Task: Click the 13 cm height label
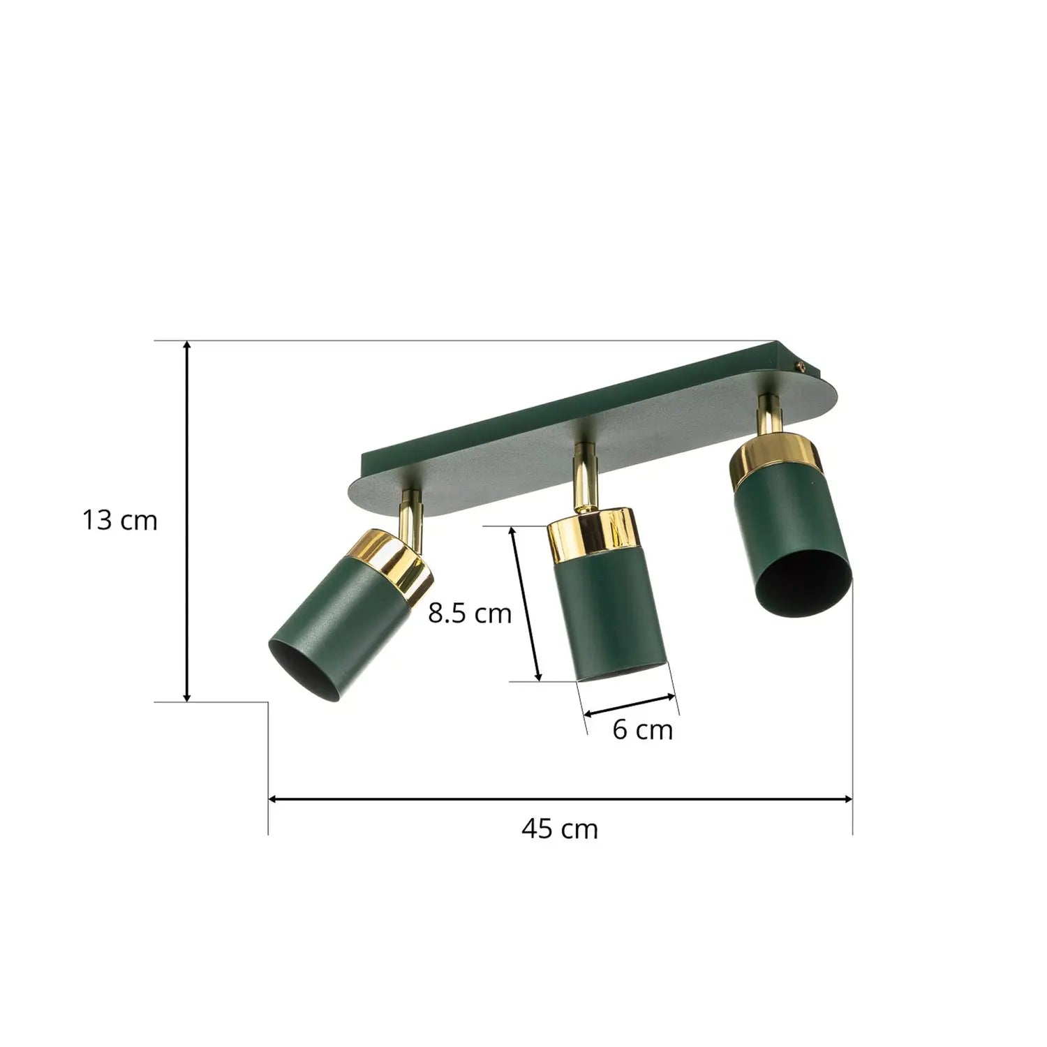pos(120,521)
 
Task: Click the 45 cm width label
pos(559,829)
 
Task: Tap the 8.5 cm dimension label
pos(470,614)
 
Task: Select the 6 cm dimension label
pos(642,730)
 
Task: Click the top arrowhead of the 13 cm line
pos(187,346)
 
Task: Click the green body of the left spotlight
pos(335,614)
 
